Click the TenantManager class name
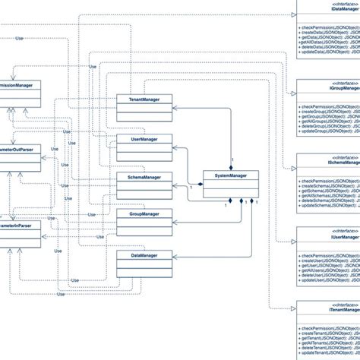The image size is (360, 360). [139, 99]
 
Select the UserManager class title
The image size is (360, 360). [139, 139]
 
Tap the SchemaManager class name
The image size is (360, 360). [139, 177]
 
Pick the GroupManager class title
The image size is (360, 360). [139, 214]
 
